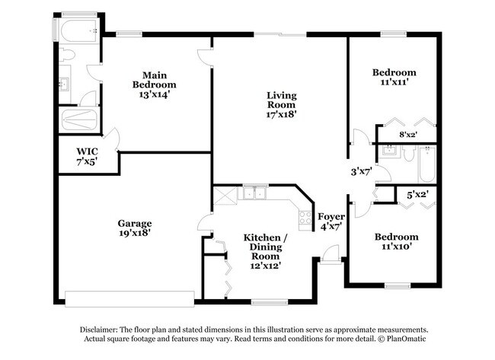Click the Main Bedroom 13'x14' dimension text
[x=155, y=94]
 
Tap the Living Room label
[x=282, y=100]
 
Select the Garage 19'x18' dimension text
[x=135, y=233]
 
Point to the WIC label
[x=87, y=151]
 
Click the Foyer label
[x=331, y=217]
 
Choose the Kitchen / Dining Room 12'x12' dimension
[x=266, y=266]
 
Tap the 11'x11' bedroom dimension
[x=394, y=82]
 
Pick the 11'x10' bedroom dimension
[x=397, y=247]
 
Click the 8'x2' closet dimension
[x=408, y=135]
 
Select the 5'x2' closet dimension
[x=417, y=196]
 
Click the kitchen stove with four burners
[x=305, y=218]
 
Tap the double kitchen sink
[x=255, y=193]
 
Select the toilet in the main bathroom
[x=66, y=55]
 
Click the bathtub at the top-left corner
[x=79, y=30]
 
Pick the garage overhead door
[x=129, y=299]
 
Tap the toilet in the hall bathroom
[x=409, y=153]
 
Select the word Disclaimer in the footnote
[x=99, y=330]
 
